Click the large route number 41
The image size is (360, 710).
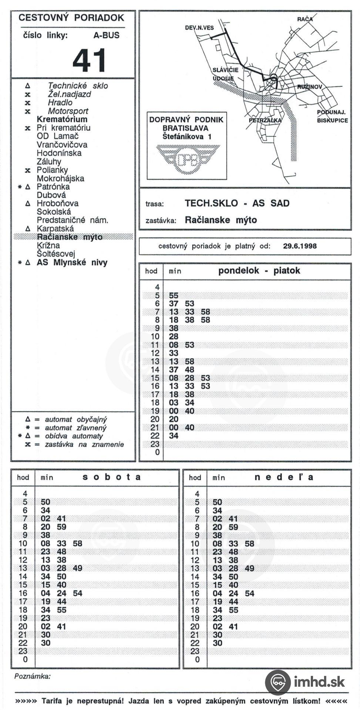90,60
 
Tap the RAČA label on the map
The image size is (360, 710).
305,19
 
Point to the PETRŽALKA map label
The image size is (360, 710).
265,120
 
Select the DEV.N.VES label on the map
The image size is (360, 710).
199,28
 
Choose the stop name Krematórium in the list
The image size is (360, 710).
62,119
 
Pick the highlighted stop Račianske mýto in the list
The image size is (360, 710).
70,237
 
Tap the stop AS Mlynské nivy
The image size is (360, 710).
72,263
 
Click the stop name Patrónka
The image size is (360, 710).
53,187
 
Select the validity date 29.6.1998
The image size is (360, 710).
300,246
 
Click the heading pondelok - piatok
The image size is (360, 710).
259,271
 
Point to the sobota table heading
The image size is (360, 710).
112,477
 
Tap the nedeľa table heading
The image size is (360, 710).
284,477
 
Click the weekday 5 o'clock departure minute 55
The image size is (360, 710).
174,295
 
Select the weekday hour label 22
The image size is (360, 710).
155,436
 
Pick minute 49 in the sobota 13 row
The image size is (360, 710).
77,568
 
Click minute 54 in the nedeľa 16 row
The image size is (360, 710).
250,593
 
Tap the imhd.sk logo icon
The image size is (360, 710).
278,682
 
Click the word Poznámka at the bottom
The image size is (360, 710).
32,676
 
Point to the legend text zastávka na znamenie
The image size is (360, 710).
84,444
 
